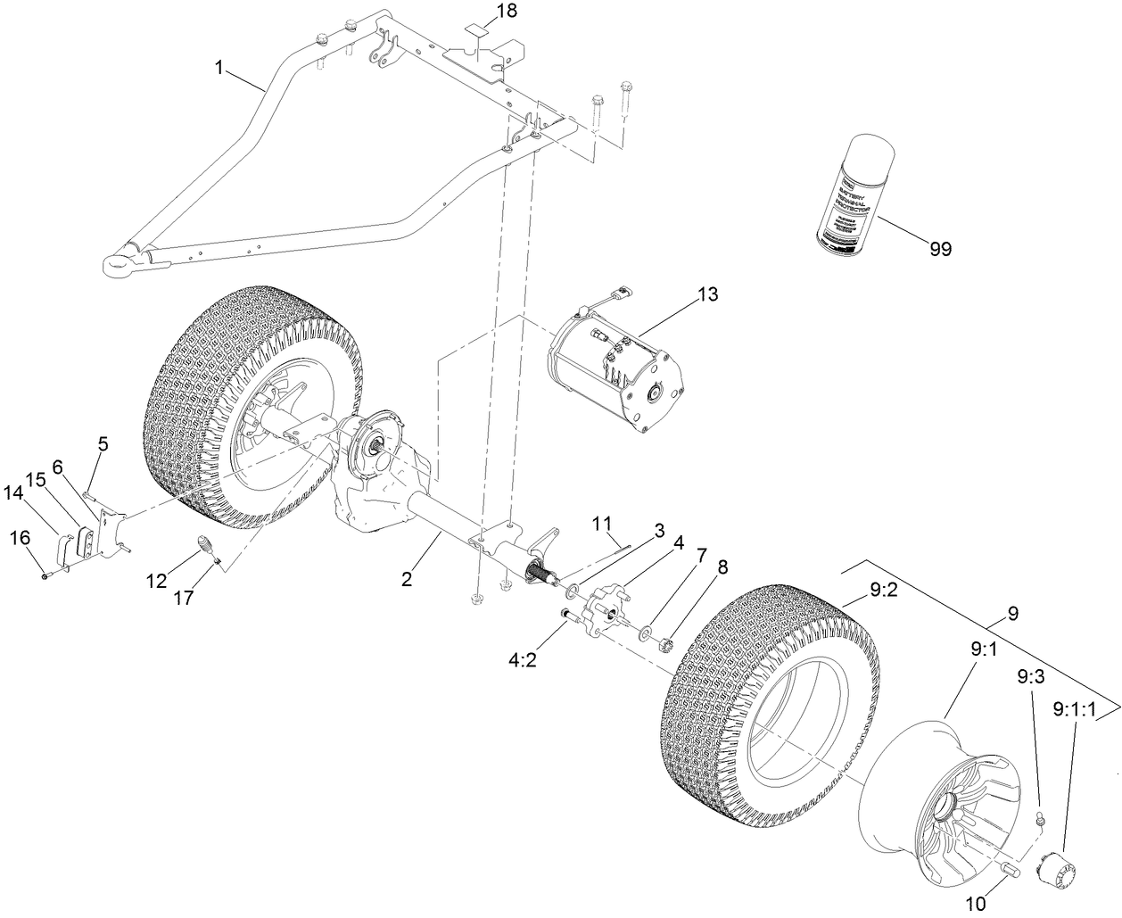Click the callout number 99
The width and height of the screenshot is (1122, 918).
point(939,249)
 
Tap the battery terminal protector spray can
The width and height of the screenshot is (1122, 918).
point(846,189)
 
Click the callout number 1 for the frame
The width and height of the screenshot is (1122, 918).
point(218,67)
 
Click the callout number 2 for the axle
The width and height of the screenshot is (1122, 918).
point(408,579)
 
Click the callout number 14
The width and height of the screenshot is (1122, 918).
point(15,491)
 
